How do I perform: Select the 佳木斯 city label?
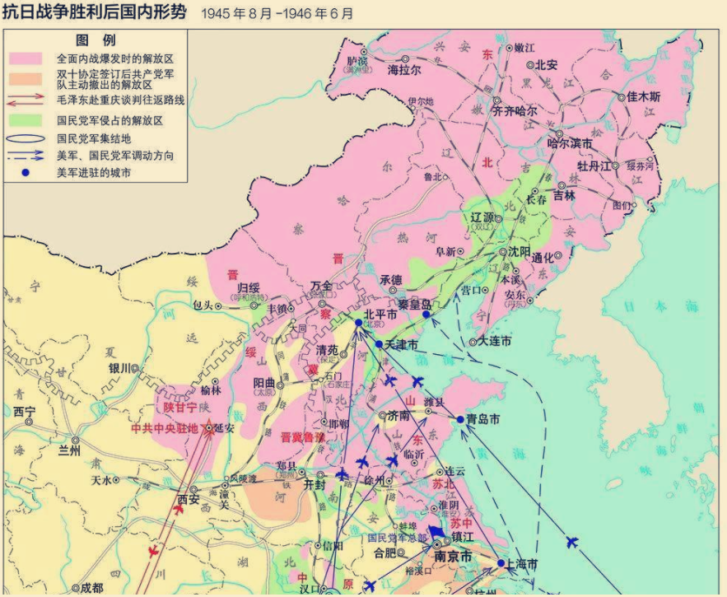click(644, 96)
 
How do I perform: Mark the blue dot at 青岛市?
click(460, 419)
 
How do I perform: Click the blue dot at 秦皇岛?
click(426, 315)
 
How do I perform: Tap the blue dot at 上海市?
click(501, 564)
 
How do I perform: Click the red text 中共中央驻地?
click(165, 428)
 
